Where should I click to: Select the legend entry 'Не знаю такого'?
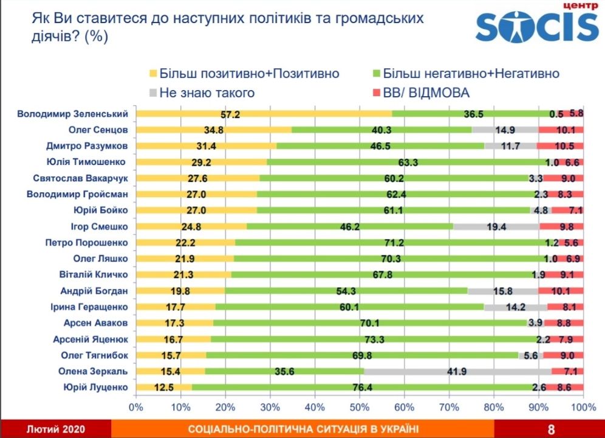[x=206, y=93]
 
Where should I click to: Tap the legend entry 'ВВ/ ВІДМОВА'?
[x=426, y=93]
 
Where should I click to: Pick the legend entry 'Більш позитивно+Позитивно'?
[x=248, y=74]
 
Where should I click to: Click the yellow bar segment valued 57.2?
[x=264, y=114]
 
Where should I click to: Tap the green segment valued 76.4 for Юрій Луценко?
[x=363, y=388]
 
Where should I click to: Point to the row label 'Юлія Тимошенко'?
[x=86, y=162]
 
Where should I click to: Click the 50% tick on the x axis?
[x=360, y=406]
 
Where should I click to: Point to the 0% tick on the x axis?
[x=136, y=406]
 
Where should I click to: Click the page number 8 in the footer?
[x=550, y=429]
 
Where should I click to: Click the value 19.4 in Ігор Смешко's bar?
[x=497, y=226]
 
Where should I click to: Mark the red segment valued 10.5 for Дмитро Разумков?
[x=559, y=146]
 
